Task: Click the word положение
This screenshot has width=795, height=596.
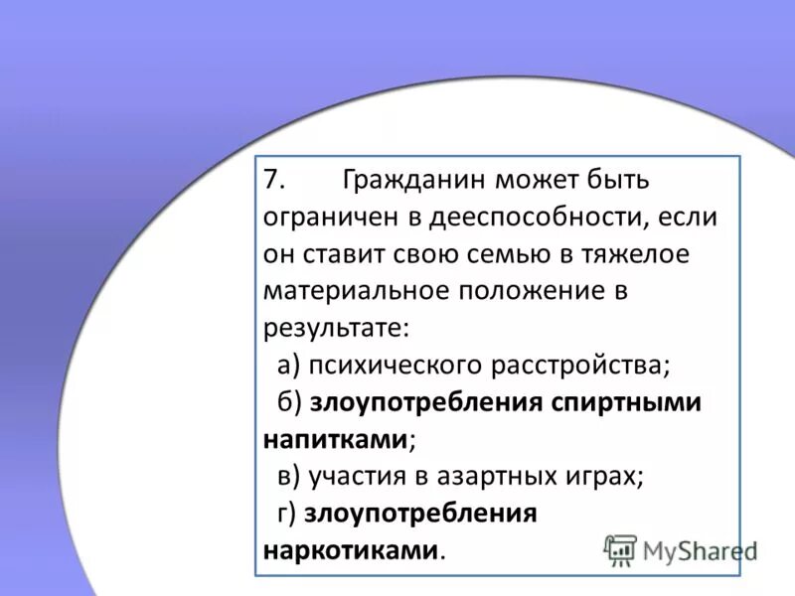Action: (x=527, y=291)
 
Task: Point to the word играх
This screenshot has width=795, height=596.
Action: (x=607, y=476)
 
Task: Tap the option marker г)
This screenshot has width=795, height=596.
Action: (x=287, y=513)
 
